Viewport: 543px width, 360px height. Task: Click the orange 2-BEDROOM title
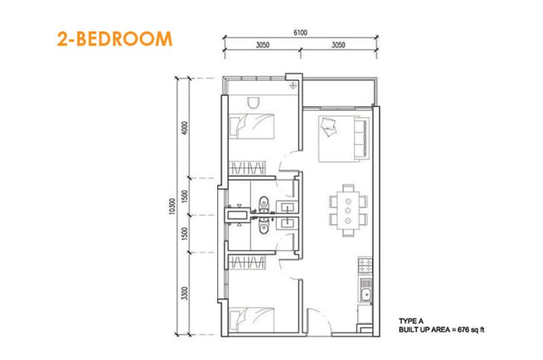pyautogui.click(x=114, y=39)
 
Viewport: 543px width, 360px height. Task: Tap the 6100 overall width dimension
pyautogui.click(x=300, y=33)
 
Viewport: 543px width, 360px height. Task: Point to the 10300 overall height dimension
pyautogui.click(x=172, y=206)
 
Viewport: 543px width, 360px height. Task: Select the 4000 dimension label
pyautogui.click(x=185, y=128)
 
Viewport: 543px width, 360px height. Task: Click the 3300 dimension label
pyautogui.click(x=185, y=293)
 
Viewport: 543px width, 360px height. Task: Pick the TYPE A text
pyautogui.click(x=411, y=321)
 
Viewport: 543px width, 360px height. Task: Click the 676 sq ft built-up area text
pyautogui.click(x=471, y=329)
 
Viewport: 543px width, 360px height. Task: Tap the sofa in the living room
pyautogui.click(x=361, y=139)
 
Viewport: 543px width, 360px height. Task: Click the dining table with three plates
pyautogui.click(x=348, y=211)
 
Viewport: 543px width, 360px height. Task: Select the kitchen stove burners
pyautogui.click(x=365, y=266)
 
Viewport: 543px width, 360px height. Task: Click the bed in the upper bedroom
pyautogui.click(x=252, y=126)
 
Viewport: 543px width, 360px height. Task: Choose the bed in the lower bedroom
pyautogui.click(x=252, y=319)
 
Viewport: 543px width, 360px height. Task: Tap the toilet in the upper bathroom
pyautogui.click(x=264, y=203)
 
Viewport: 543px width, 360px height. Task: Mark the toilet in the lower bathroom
pyautogui.click(x=264, y=225)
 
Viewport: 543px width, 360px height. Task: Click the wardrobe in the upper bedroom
pyautogui.click(x=247, y=168)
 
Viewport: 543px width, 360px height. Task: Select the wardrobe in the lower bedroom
pyautogui.click(x=247, y=262)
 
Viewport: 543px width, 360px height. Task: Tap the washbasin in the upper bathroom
pyautogui.click(x=287, y=208)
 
